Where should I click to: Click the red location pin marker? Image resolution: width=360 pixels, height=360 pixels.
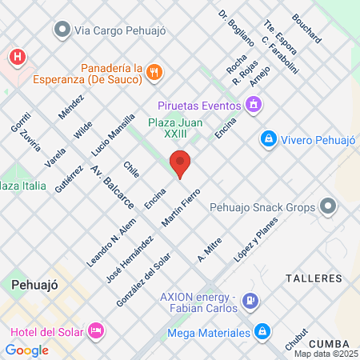coord(181,164)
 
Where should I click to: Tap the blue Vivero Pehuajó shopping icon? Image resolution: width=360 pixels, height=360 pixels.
coord(269,139)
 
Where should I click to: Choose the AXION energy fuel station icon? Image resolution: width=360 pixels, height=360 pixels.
coord(250,301)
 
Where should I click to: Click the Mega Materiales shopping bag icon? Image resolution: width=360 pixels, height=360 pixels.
coord(262,330)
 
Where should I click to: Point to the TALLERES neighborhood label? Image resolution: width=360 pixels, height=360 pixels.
coord(314,278)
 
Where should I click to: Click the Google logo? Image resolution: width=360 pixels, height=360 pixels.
coord(26,350)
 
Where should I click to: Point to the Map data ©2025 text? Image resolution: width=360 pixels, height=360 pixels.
coord(326,354)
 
